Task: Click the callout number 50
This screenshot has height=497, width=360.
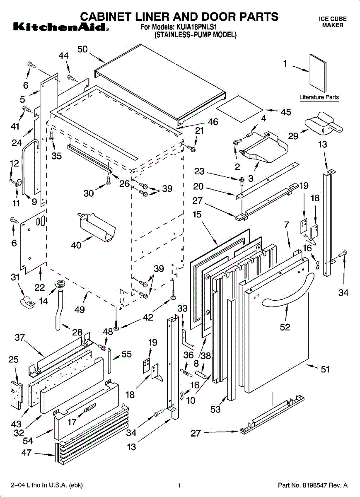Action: click(x=82, y=49)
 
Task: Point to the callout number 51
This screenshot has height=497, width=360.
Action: click(x=325, y=369)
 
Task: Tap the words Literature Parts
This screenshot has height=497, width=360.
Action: click(x=319, y=97)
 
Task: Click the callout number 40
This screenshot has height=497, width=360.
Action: click(x=76, y=245)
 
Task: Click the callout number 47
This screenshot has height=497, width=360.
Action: click(x=26, y=453)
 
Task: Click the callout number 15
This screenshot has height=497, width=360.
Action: click(x=197, y=215)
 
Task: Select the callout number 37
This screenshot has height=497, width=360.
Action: click(x=19, y=338)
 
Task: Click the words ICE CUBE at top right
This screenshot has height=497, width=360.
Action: click(x=333, y=19)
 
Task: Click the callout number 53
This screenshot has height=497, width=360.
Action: click(x=215, y=410)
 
